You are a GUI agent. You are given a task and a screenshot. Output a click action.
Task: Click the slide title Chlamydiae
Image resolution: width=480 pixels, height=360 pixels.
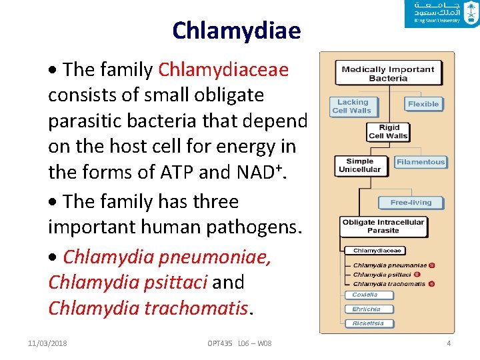point(236,30)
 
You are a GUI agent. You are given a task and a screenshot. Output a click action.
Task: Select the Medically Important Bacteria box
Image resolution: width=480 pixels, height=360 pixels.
point(388,73)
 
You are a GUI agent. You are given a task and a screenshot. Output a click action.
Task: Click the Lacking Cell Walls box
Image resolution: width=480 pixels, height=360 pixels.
point(353,107)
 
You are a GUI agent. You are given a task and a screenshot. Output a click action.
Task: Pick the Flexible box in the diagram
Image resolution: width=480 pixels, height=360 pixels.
point(423,104)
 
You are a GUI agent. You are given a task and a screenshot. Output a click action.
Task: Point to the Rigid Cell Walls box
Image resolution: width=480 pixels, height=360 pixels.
point(389,131)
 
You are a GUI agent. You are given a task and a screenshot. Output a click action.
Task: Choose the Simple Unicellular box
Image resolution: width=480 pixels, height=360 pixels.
point(360,165)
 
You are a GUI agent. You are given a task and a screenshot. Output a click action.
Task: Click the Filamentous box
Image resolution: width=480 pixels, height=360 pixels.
point(420,162)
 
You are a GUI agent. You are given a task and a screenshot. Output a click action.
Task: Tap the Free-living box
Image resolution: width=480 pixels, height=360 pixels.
point(411,202)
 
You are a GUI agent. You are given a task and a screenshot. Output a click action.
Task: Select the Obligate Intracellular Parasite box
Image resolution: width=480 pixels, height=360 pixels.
point(383,227)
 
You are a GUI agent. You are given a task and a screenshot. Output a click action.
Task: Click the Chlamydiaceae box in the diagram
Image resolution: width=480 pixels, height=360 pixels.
point(377,251)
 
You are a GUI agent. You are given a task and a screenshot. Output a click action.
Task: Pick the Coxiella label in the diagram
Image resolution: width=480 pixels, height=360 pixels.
point(365,295)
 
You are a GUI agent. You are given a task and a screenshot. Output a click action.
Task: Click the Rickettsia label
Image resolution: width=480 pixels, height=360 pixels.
point(369,324)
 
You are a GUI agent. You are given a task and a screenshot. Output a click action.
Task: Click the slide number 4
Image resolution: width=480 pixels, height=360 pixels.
point(449,343)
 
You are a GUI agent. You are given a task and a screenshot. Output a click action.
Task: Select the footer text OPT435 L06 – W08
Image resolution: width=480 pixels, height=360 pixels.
point(239,343)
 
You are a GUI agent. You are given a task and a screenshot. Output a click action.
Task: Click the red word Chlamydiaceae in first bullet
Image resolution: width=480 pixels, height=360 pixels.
point(223,69)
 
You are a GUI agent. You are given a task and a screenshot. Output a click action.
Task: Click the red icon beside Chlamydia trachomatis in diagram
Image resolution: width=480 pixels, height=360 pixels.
point(431,284)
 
